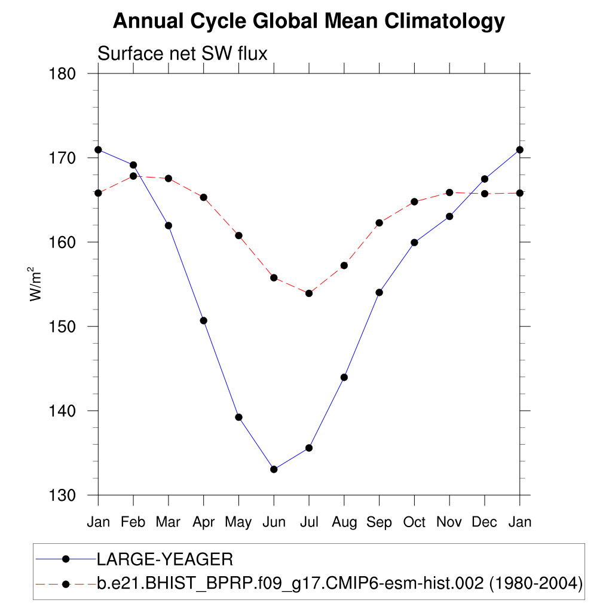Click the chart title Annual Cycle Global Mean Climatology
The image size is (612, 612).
pyautogui.click(x=309, y=22)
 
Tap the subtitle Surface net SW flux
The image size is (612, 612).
pyautogui.click(x=182, y=54)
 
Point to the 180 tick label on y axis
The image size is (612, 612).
pyautogui.click(x=62, y=74)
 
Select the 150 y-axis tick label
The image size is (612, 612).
pyautogui.click(x=62, y=326)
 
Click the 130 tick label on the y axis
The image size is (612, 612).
pyautogui.click(x=62, y=495)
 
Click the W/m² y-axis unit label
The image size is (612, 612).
pyautogui.click(x=36, y=284)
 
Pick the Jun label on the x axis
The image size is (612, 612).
pyautogui.click(x=274, y=522)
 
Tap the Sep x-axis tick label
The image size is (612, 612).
pyautogui.click(x=379, y=522)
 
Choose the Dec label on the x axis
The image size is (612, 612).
pyautogui.click(x=484, y=522)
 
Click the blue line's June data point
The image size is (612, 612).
pyautogui.click(x=274, y=469)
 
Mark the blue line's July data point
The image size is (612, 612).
pyautogui.click(x=309, y=448)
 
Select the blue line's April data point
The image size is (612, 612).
pyautogui.click(x=204, y=320)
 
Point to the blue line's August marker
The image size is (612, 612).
pyautogui.click(x=344, y=377)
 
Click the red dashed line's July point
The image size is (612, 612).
pyautogui.click(x=309, y=293)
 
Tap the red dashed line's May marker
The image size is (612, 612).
pyautogui.click(x=238, y=235)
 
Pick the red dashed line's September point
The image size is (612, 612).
pyautogui.click(x=379, y=223)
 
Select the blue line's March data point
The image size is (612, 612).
pyautogui.click(x=169, y=225)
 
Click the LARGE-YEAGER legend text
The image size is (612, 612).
pyautogui.click(x=164, y=559)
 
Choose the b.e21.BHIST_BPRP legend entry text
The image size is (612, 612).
pyautogui.click(x=339, y=583)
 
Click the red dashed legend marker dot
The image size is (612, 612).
pyautogui.click(x=66, y=583)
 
